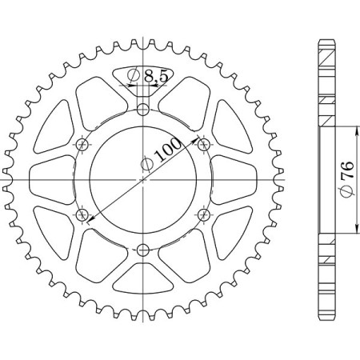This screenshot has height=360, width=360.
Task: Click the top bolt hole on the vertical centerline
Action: point(142,109)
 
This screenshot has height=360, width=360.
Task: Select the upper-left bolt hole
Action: point(82,144)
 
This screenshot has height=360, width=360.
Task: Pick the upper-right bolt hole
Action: point(203,144)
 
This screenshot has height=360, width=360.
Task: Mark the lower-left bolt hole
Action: point(82,214)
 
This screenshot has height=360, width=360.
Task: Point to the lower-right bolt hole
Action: point(203,214)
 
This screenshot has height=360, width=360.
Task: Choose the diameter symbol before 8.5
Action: point(135,77)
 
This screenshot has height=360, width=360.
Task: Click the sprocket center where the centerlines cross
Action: point(142,179)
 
